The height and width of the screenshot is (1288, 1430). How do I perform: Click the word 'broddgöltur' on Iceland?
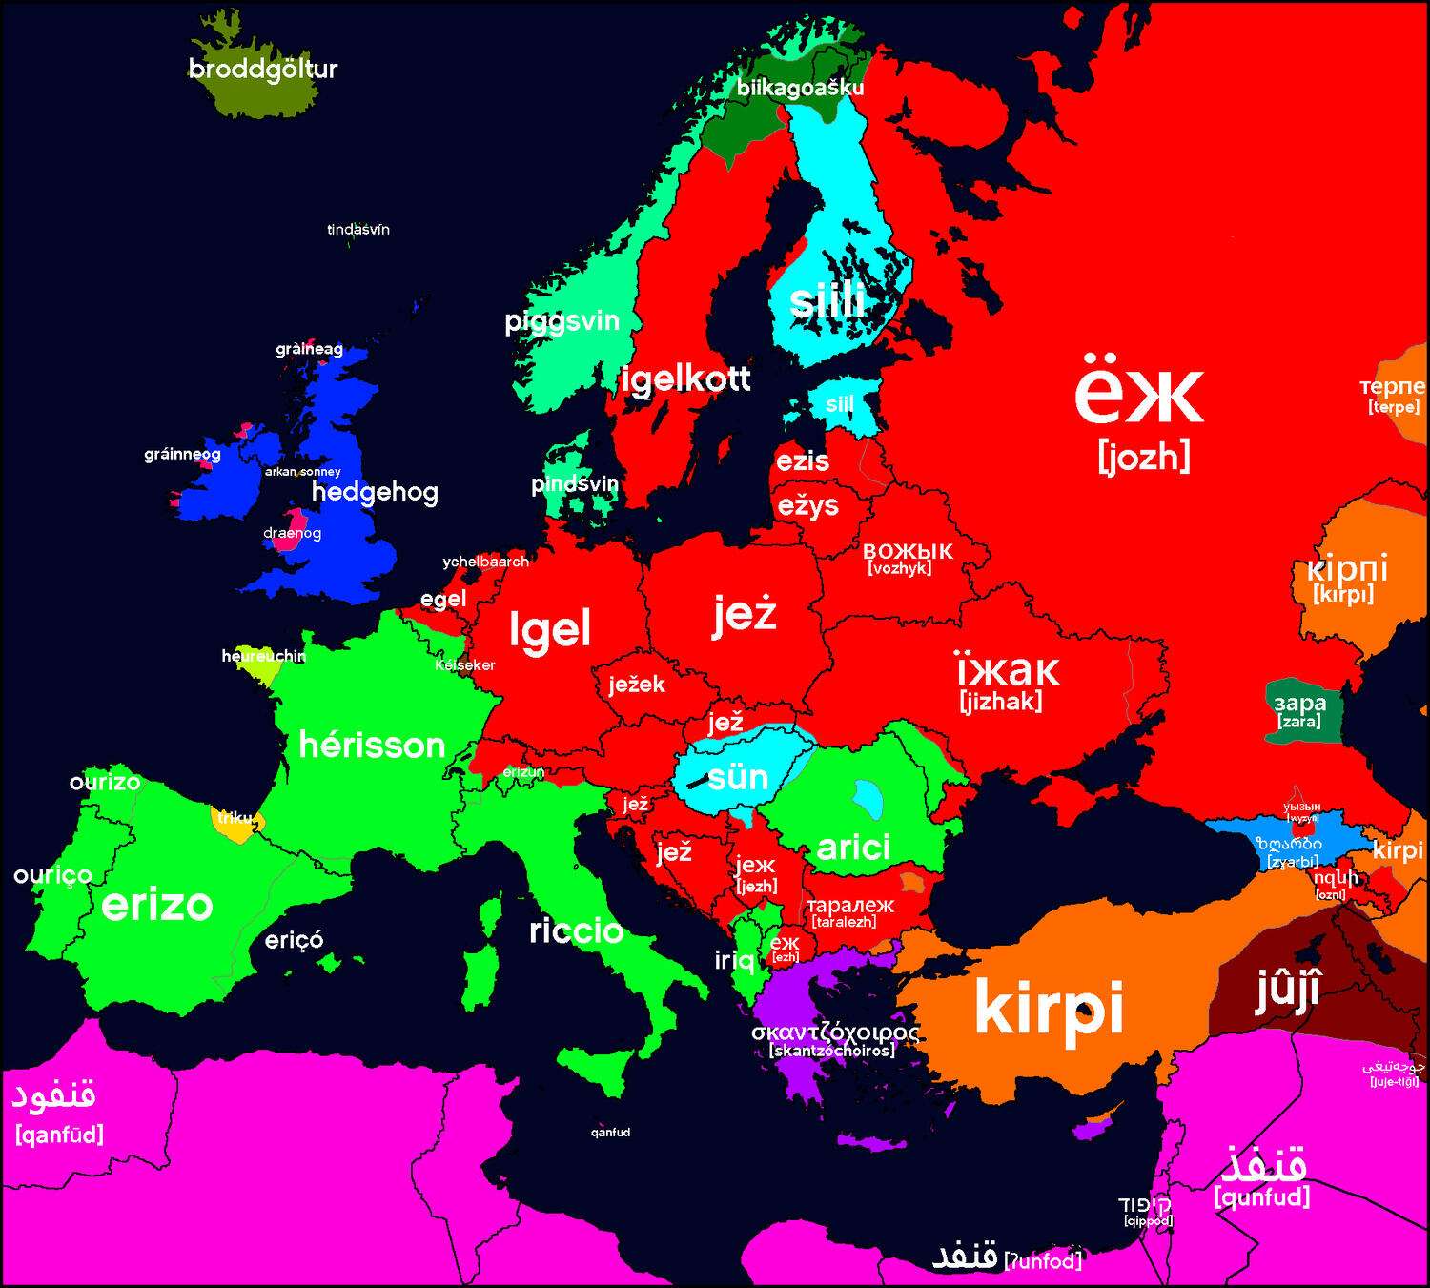pyautogui.click(x=263, y=70)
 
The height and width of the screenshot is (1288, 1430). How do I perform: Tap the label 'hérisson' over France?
pyautogui.click(x=372, y=745)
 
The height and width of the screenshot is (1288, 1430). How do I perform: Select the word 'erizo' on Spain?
pyautogui.click(x=157, y=904)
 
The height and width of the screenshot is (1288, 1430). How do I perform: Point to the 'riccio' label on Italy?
pyautogui.click(x=576, y=930)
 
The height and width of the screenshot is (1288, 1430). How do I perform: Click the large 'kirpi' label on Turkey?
pyautogui.click(x=1049, y=1008)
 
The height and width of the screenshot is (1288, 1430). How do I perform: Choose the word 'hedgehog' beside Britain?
pyautogui.click(x=375, y=492)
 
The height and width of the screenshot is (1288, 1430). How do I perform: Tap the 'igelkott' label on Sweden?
pyautogui.click(x=685, y=379)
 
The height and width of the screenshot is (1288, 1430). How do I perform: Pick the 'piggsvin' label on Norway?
pyautogui.click(x=562, y=321)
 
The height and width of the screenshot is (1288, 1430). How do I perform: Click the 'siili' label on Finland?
pyautogui.click(x=827, y=301)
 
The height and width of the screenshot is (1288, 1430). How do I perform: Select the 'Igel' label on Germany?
pyautogui.click(x=550, y=629)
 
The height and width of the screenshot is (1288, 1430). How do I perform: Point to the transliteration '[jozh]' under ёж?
pyautogui.click(x=1143, y=457)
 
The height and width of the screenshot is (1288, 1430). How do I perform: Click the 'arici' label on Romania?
pyautogui.click(x=853, y=847)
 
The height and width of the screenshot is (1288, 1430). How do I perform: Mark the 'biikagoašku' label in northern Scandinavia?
pyautogui.click(x=800, y=89)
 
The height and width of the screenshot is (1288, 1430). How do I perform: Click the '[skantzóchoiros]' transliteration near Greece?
pyautogui.click(x=832, y=1051)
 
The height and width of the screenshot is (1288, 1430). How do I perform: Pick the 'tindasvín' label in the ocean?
pyautogui.click(x=357, y=230)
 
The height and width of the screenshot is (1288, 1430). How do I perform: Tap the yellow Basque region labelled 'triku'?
pyautogui.click(x=233, y=820)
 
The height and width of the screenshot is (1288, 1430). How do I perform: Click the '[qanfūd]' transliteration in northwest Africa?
pyautogui.click(x=59, y=1135)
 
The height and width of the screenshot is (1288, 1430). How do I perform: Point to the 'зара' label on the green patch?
pyautogui.click(x=1300, y=704)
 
